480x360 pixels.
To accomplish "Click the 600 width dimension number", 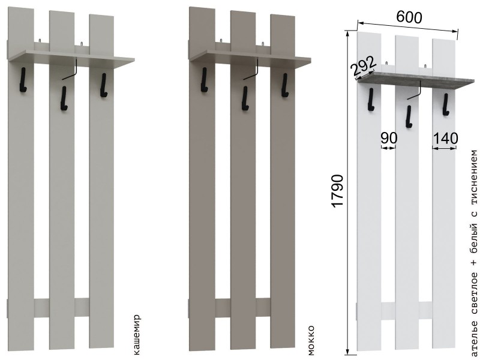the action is pos(409,17).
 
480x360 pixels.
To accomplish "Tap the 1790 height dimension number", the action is pos(338,191).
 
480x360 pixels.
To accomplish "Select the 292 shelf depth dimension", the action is pos(364,66).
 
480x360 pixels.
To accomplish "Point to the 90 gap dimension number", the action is pos(389,139).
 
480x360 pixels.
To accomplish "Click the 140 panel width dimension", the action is pos(445,139).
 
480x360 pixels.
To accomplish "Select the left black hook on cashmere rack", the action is pos(23,80).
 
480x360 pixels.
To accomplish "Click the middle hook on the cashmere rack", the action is pos(64,98).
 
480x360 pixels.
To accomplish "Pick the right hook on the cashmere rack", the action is pos(103,85).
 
